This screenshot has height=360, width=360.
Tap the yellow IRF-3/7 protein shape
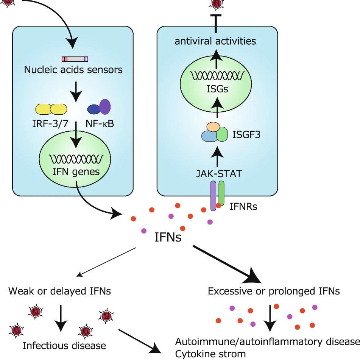(x=51, y=109)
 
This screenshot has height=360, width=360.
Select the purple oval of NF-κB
(x=104, y=106)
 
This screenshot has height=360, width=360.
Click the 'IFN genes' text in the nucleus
(x=76, y=171)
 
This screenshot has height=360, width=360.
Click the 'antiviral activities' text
(x=215, y=41)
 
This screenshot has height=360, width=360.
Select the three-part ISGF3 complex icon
(x=214, y=132)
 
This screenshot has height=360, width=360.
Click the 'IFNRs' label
(x=244, y=207)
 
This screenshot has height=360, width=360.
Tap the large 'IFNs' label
(x=168, y=238)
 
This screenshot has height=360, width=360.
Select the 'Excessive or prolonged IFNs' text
(x=274, y=291)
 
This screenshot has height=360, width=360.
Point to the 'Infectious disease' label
(x=64, y=345)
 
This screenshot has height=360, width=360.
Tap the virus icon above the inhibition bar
(x=216, y=4)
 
